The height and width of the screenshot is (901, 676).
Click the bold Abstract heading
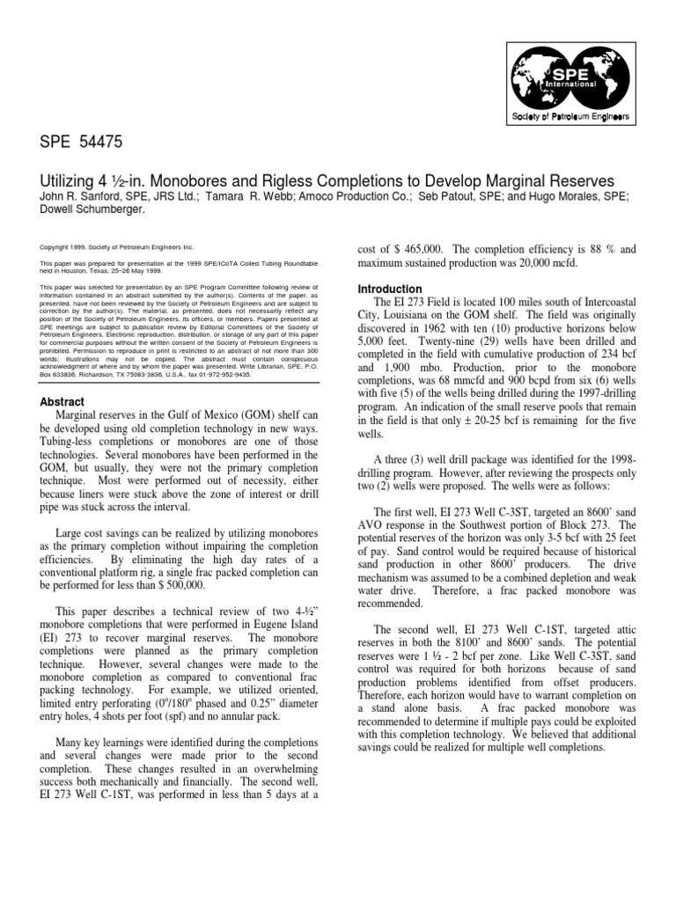pyautogui.click(x=62, y=400)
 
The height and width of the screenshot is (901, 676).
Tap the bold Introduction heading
pyautogui.click(x=389, y=289)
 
